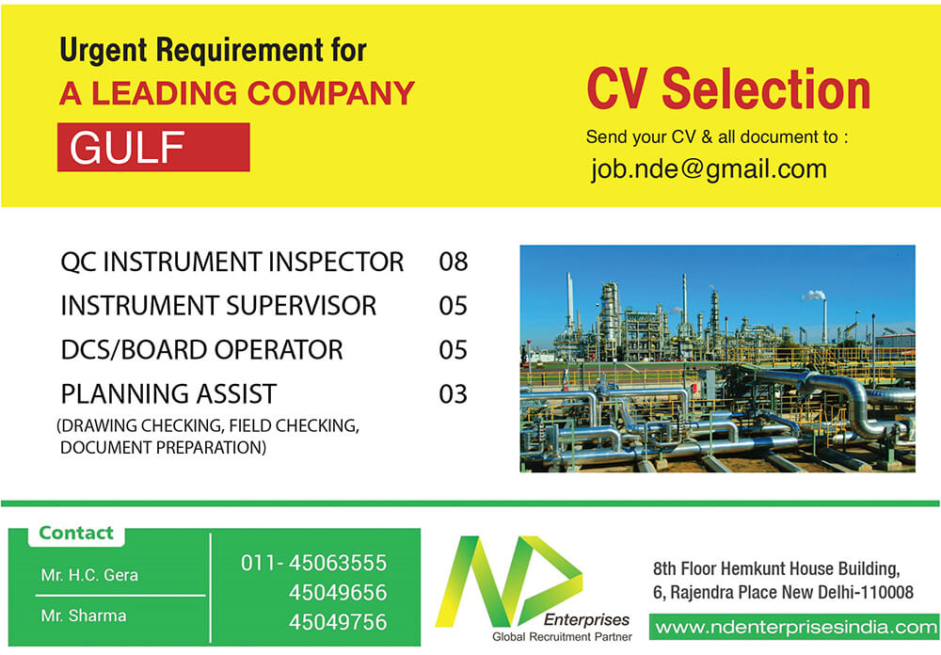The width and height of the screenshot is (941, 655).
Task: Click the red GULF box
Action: point(153,147)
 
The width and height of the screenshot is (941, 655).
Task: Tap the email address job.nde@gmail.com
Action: point(709,168)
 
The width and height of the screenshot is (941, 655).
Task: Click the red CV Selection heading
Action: point(728,88)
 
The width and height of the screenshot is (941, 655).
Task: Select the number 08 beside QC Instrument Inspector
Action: point(454,262)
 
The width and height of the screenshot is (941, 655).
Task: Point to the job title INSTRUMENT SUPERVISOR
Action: point(218,306)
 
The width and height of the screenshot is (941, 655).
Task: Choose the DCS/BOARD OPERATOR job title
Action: point(201,350)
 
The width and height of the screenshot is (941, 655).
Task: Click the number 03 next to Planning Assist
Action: point(454,394)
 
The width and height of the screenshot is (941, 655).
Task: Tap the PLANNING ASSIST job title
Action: point(168,394)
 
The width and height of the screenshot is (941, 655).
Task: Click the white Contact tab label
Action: point(76,533)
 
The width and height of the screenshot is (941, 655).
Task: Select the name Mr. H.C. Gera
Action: point(89,575)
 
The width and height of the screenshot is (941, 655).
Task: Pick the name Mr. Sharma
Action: point(84,615)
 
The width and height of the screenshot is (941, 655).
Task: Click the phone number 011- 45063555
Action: point(314,563)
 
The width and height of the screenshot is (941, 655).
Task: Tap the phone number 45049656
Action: point(338,593)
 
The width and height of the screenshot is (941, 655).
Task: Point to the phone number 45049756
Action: point(338,622)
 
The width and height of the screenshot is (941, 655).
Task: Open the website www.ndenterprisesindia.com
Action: point(796,628)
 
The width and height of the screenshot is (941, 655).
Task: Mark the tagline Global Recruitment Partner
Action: point(563,637)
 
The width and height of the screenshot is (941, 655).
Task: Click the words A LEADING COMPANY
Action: point(237,93)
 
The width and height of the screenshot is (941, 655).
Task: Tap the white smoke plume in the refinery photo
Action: point(814,295)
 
